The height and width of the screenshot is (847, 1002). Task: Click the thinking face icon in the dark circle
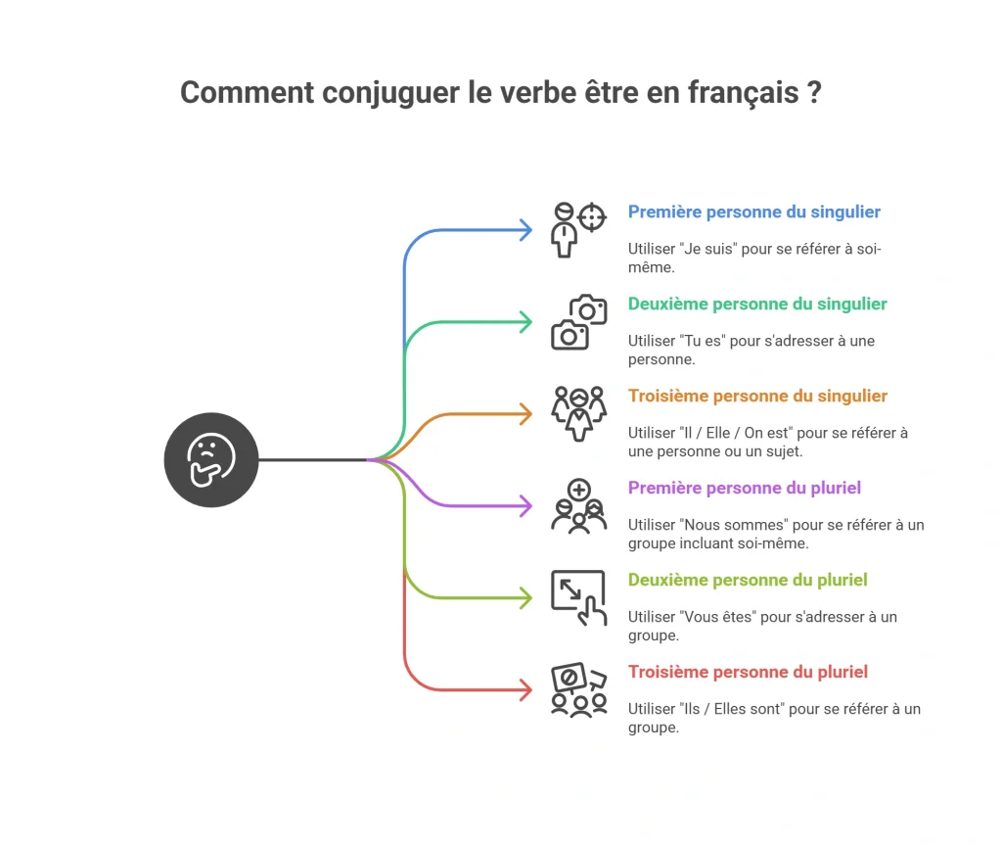pyautogui.click(x=211, y=460)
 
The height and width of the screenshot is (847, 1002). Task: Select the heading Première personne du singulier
pyautogui.click(x=754, y=212)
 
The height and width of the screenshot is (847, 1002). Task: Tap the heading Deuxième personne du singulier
pyautogui.click(x=757, y=305)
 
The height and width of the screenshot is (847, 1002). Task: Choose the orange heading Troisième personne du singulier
pyautogui.click(x=757, y=397)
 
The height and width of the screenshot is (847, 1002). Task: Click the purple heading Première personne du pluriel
pyautogui.click(x=745, y=489)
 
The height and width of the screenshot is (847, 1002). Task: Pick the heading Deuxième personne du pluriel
pyautogui.click(x=748, y=581)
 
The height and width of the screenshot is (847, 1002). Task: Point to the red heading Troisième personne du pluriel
pyautogui.click(x=748, y=673)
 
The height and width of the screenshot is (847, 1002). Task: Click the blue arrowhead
pyautogui.click(x=525, y=230)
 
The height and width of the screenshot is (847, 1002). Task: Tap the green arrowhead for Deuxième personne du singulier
pyautogui.click(x=525, y=322)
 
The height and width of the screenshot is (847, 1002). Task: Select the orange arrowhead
pyautogui.click(x=525, y=414)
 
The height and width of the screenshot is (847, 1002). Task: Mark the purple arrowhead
pyautogui.click(x=525, y=506)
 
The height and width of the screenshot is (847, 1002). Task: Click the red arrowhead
pyautogui.click(x=525, y=690)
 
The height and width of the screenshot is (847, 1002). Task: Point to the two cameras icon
pyautogui.click(x=579, y=322)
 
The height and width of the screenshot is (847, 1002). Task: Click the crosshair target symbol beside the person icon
pyautogui.click(x=592, y=217)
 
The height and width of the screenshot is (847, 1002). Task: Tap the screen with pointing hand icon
pyautogui.click(x=579, y=598)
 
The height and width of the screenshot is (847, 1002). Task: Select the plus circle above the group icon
pyautogui.click(x=579, y=491)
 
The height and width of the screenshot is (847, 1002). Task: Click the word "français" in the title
pyautogui.click(x=744, y=93)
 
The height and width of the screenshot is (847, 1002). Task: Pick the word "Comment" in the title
pyautogui.click(x=248, y=93)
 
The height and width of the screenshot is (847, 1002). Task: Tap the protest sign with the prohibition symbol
pyautogui.click(x=569, y=678)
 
